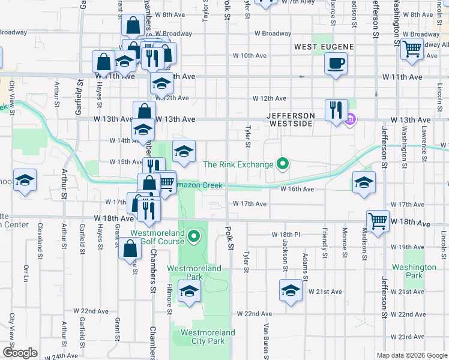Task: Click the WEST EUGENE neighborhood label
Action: pos(324,46)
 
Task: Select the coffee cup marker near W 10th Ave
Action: pos(336,63)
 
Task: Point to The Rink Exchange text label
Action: pos(238,164)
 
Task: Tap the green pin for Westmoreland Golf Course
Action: pos(193,238)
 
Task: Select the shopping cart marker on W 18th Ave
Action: pos(378,221)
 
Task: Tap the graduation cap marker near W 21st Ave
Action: pos(291,290)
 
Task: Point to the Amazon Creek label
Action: pos(198,186)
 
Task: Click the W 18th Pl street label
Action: pos(286,234)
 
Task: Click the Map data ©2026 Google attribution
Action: pos(411,355)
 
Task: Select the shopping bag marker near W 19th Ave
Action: pos(130,247)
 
